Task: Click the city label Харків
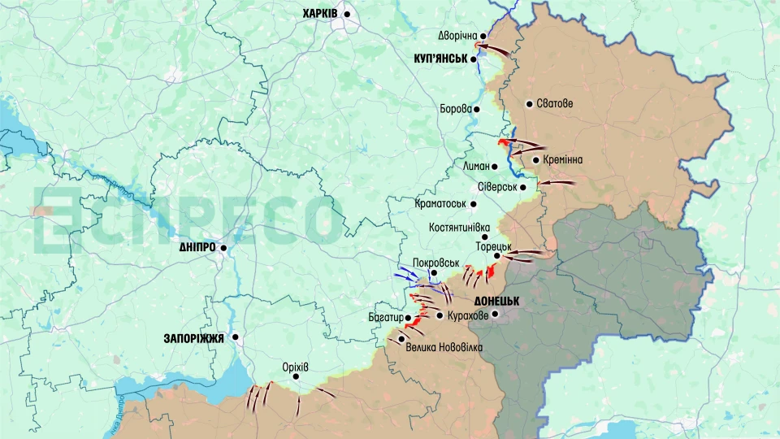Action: click(x=321, y=14)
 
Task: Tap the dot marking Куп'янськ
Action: click(x=474, y=59)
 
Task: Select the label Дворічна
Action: click(x=457, y=36)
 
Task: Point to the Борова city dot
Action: click(x=477, y=109)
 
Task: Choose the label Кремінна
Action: click(x=562, y=160)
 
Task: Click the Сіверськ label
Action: click(x=497, y=187)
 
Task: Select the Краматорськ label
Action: click(x=440, y=204)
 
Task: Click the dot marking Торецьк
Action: click(x=497, y=255)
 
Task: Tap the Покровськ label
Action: click(x=436, y=263)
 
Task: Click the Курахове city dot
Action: click(x=440, y=315)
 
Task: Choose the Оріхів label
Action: click(x=295, y=367)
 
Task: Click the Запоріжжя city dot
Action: click(x=236, y=337)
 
